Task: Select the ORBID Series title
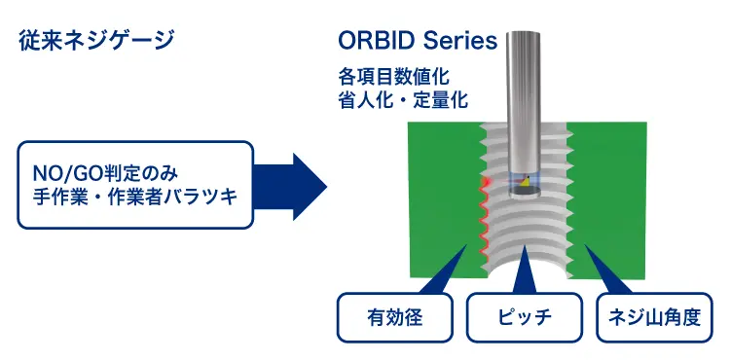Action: pyautogui.click(x=418, y=41)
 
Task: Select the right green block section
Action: pyautogui.click(x=623, y=195)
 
